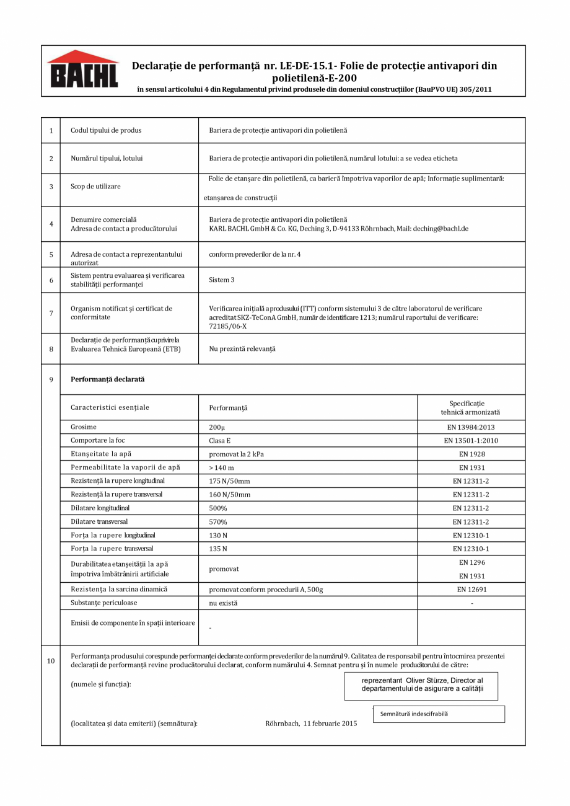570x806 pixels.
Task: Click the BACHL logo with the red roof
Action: [x=82, y=70]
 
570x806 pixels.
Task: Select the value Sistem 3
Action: [x=222, y=280]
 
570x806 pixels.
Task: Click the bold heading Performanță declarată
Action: [x=107, y=379]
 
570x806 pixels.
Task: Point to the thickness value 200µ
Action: [x=216, y=427]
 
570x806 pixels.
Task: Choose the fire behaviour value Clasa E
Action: [x=220, y=441]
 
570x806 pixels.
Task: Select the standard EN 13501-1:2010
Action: [x=471, y=441]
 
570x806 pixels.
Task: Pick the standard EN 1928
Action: [x=471, y=454]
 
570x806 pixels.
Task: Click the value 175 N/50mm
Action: [x=229, y=481]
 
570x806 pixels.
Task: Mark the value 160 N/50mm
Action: [x=229, y=495]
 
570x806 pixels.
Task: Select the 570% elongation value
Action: [x=217, y=521]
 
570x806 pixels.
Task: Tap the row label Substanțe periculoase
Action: [x=104, y=603]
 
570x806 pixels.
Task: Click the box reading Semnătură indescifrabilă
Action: [x=439, y=714]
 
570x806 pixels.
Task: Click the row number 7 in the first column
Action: [x=51, y=312]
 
